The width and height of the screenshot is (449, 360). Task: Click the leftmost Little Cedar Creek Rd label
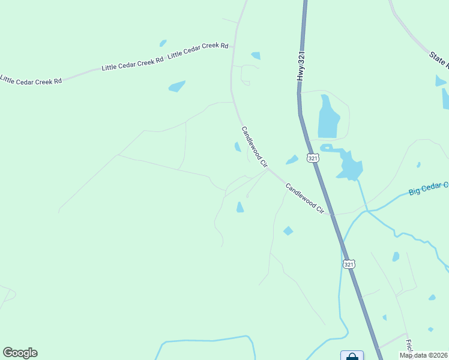pos(31,79)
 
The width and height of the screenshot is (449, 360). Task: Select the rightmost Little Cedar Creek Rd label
pos(198,50)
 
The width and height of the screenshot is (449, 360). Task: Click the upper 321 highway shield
pos(312,158)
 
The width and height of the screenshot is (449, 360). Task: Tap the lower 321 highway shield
pos(349,263)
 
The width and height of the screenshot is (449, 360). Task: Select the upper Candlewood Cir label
pos(253,146)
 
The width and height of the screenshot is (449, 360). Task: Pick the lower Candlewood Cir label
pos(304,199)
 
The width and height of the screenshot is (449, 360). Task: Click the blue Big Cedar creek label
pos(428,189)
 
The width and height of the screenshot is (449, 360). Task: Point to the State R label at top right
pos(438,59)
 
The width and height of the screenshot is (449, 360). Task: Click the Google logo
pos(20,353)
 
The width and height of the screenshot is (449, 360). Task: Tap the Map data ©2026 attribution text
pos(423,355)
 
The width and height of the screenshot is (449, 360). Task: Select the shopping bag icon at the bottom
pos(352,356)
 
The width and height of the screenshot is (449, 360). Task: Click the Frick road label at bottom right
pos(408,347)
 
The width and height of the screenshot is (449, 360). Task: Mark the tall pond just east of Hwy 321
pos(327,117)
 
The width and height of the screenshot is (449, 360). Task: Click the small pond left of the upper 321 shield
pos(292,160)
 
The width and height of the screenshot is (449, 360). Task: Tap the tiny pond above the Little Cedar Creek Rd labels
pos(163,43)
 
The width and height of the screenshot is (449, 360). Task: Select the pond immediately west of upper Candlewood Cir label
pos(238,147)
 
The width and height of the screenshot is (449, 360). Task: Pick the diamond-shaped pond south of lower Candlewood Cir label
pos(288,231)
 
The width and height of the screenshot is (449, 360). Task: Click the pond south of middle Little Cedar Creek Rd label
pos(177,86)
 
